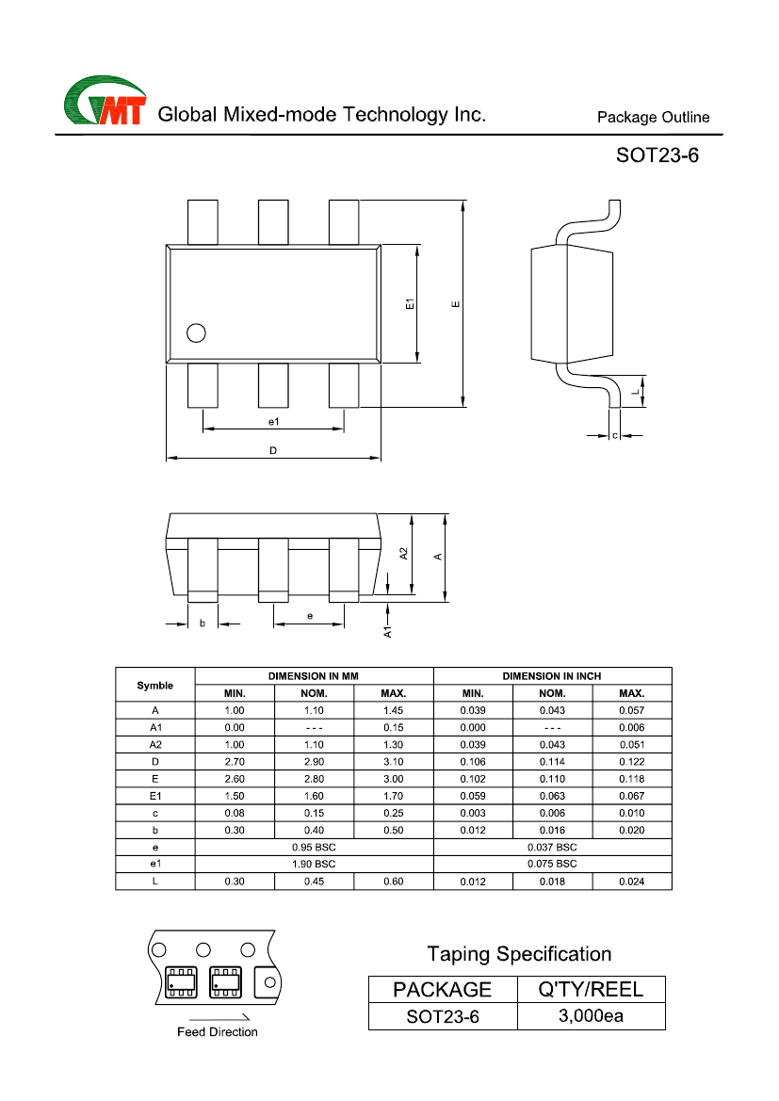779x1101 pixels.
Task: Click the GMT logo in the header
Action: pyautogui.click(x=105, y=101)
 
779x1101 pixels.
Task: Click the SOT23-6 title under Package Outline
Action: pyautogui.click(x=657, y=155)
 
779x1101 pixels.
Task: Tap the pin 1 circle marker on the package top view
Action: pyautogui.click(x=196, y=332)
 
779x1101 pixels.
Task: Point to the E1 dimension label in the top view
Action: pyautogui.click(x=410, y=304)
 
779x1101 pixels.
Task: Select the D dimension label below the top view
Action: pyautogui.click(x=273, y=451)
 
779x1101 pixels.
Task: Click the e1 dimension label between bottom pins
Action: pyautogui.click(x=273, y=421)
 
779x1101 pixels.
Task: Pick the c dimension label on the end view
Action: pyautogui.click(x=615, y=436)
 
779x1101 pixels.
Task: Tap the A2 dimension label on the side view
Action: pyautogui.click(x=403, y=555)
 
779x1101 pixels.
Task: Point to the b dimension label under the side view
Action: pyautogui.click(x=202, y=623)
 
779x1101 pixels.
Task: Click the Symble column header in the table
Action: pyautogui.click(x=154, y=685)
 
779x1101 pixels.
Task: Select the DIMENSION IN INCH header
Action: pyautogui.click(x=552, y=676)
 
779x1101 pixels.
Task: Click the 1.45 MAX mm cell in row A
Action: pyautogui.click(x=393, y=710)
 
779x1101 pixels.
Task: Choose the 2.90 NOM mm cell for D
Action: pyautogui.click(x=314, y=761)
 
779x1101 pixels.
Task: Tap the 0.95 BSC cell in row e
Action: pyautogui.click(x=314, y=847)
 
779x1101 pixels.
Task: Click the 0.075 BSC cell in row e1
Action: pyautogui.click(x=552, y=864)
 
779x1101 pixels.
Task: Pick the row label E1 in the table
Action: pyautogui.click(x=154, y=796)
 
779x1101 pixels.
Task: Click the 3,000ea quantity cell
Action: pyautogui.click(x=591, y=1016)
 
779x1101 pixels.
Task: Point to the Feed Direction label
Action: pyautogui.click(x=218, y=1032)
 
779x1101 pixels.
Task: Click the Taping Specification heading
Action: pyautogui.click(x=519, y=954)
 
